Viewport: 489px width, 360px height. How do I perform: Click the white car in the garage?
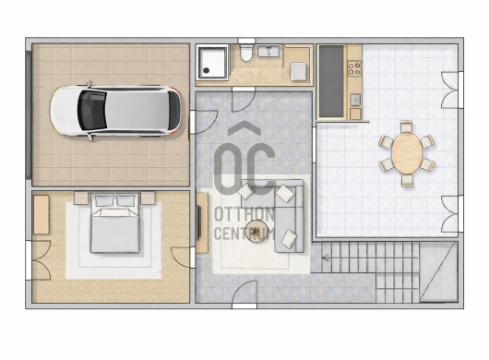(115, 111)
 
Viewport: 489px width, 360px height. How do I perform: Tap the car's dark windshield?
(91, 111)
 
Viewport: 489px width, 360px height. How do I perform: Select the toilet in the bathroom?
(246, 53)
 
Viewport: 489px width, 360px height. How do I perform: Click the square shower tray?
(213, 63)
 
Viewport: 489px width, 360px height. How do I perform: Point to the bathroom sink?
(268, 51)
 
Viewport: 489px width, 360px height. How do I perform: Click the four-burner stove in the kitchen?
(354, 68)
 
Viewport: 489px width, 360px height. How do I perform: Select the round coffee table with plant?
(256, 231)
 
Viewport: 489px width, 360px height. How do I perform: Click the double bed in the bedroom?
(114, 223)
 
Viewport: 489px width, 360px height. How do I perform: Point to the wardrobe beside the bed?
(42, 215)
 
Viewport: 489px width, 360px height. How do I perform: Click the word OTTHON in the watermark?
(244, 214)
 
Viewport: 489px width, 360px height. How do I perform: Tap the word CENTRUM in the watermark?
(244, 233)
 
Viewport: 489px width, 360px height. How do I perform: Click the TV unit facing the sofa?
(202, 222)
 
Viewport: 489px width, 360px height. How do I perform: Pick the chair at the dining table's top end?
(406, 126)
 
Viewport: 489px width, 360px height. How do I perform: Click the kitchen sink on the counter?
(355, 100)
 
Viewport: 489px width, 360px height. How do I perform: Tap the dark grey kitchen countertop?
(331, 81)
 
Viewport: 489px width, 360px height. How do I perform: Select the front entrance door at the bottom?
(244, 294)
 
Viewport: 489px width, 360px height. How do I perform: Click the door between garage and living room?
(203, 122)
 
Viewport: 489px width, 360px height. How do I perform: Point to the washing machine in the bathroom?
(298, 71)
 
